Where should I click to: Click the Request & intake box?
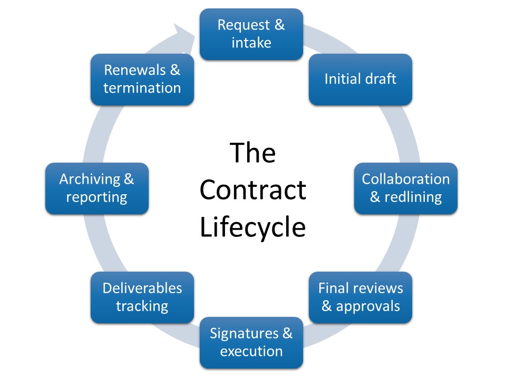click(x=251, y=34)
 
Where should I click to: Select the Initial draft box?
click(x=360, y=79)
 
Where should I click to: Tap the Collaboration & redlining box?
click(x=405, y=188)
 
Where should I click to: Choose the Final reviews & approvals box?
click(x=360, y=297)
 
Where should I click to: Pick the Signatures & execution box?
click(x=251, y=342)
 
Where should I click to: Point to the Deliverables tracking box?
click(x=142, y=297)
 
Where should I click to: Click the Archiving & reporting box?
click(x=96, y=188)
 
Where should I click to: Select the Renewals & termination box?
click(x=142, y=79)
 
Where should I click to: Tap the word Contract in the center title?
click(x=252, y=190)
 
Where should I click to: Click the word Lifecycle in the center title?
click(x=252, y=227)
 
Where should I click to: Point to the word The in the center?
click(x=252, y=153)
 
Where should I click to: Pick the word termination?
click(x=142, y=88)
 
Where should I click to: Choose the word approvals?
click(x=368, y=306)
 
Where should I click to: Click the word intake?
click(x=251, y=43)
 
